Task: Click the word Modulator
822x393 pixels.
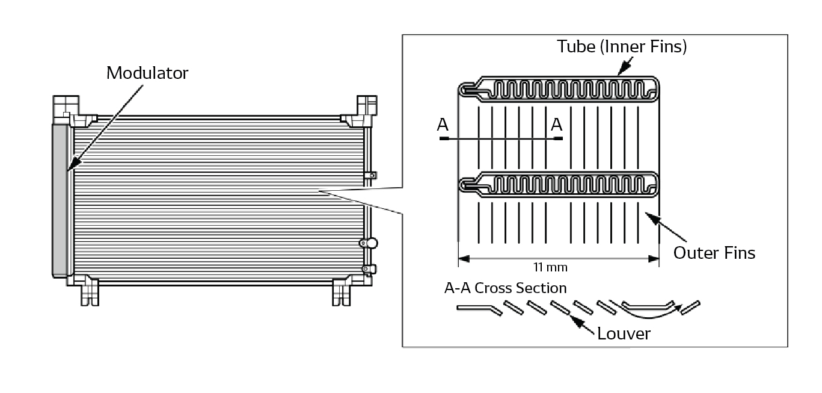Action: tap(147, 73)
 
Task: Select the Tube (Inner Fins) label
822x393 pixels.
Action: tap(621, 46)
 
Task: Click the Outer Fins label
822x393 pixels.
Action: tap(714, 253)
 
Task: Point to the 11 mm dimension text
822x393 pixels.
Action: tap(550, 267)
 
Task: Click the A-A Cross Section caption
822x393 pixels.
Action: tap(505, 288)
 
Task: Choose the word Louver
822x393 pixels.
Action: tap(624, 333)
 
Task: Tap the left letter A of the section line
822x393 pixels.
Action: tap(443, 125)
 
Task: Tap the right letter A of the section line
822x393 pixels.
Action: tap(557, 125)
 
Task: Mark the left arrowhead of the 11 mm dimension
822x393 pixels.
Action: tap(464, 259)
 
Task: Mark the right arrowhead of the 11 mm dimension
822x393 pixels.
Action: tap(654, 259)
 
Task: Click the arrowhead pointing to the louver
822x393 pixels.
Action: tap(574, 321)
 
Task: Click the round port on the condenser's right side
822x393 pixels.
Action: tap(370, 243)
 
